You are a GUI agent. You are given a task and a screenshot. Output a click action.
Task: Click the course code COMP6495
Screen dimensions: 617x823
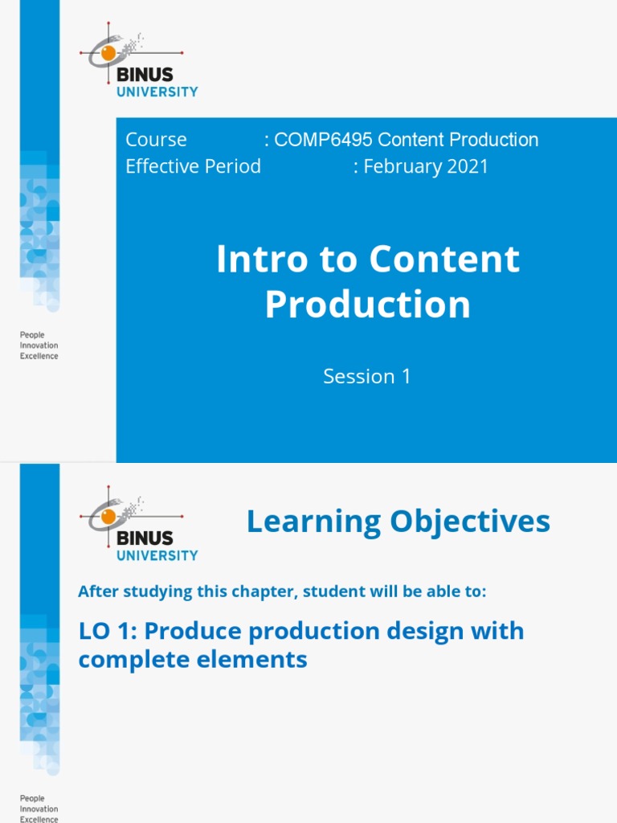point(323,140)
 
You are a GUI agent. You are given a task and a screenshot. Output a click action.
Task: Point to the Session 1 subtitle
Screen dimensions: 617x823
point(366,376)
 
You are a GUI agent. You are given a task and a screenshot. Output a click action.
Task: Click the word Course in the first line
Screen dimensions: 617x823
point(157,140)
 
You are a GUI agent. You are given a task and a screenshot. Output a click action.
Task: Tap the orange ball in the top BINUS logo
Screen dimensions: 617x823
point(108,52)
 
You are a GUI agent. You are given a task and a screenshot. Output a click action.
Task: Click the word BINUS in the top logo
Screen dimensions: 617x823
point(145,75)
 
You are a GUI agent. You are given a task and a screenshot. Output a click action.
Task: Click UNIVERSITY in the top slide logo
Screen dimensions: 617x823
point(157,92)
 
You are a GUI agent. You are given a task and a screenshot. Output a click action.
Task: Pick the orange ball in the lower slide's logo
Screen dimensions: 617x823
point(108,516)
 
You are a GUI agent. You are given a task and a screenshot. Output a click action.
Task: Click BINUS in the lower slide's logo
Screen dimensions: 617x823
point(145,538)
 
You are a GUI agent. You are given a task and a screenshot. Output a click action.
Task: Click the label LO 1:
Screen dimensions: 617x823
point(108,631)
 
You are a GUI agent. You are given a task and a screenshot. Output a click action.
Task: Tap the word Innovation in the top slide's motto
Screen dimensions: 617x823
point(39,346)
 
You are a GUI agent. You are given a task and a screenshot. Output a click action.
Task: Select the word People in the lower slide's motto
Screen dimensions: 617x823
point(32,798)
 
